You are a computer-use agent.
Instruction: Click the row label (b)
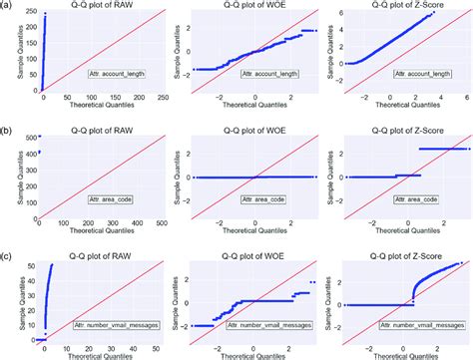7,129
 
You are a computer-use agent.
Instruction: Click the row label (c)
7,247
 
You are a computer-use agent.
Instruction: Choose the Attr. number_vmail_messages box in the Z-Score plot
408,325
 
